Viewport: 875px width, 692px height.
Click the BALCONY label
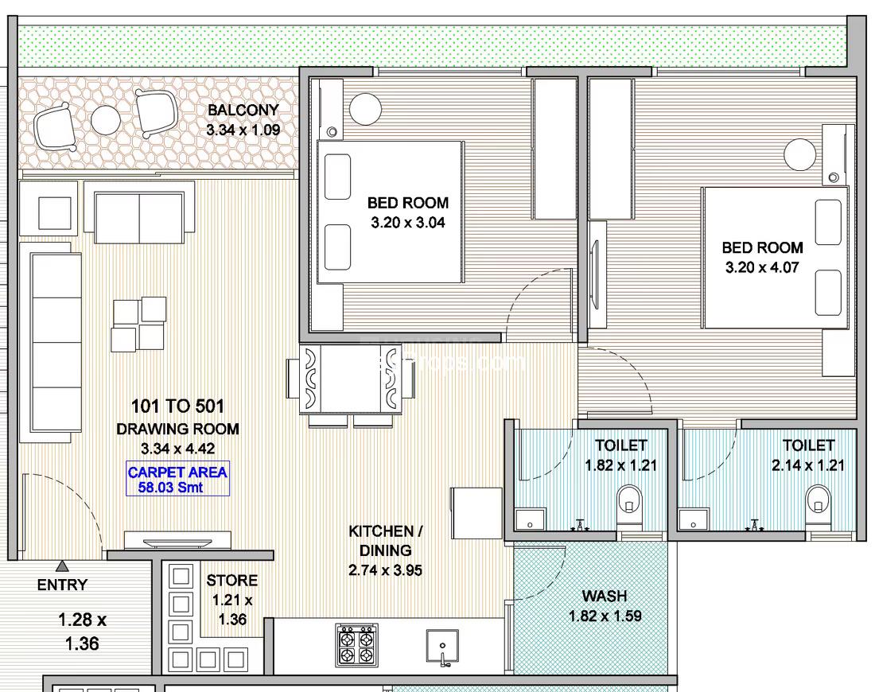click(x=243, y=110)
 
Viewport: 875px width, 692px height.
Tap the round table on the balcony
click(x=106, y=120)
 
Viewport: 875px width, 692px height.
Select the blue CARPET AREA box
click(x=177, y=480)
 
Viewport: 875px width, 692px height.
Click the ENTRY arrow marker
click(x=63, y=566)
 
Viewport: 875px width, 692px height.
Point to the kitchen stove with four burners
click(x=357, y=645)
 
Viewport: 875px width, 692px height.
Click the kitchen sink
click(x=442, y=647)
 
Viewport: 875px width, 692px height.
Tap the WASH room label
click(x=605, y=596)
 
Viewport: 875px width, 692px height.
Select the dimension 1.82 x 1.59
click(x=605, y=616)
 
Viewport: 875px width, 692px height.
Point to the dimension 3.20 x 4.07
click(x=762, y=267)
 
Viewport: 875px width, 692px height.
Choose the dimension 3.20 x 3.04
click(x=408, y=223)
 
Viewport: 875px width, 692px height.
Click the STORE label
click(x=232, y=581)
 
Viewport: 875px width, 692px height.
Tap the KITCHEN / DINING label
click(x=386, y=541)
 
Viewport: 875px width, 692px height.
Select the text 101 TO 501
click(x=177, y=406)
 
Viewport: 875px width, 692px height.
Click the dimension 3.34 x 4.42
click(x=178, y=449)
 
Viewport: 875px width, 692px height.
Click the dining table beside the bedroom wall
click(x=351, y=379)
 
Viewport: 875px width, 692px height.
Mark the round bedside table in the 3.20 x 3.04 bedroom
click(x=366, y=109)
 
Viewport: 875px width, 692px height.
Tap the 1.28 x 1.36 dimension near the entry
click(x=82, y=632)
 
